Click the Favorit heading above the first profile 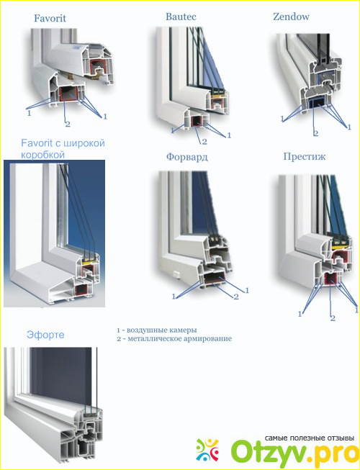50,18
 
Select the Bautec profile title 181,17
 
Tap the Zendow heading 291,17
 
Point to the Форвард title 187,157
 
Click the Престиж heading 305,156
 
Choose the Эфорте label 45,335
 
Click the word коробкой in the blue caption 42,155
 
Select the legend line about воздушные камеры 157,330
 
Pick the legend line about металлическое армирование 174,339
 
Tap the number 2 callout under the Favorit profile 68,123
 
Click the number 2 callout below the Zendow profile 315,133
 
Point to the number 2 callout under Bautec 204,142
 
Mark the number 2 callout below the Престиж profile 333,317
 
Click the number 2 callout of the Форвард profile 236,297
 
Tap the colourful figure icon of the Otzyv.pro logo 207,449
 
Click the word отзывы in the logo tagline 341,438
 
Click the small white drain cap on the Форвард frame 176,274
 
